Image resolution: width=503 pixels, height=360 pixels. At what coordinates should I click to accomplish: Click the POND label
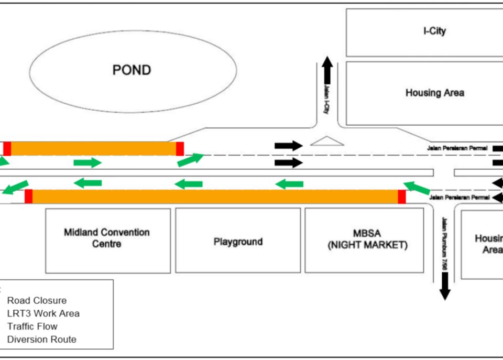132,70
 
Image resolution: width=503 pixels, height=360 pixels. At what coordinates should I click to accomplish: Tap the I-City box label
434,31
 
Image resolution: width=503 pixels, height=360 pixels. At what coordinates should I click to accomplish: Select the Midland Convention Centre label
107,238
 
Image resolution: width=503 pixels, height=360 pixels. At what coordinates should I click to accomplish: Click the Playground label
238,242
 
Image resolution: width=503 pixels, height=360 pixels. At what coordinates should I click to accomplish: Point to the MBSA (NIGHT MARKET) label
365,238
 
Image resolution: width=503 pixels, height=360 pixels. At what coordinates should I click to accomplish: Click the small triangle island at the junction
327,141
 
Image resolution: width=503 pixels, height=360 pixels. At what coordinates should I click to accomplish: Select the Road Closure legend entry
37,301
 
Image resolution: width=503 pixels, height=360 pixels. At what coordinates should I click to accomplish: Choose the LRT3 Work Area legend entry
43,313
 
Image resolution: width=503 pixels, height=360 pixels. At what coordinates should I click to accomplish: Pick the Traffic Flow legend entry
32,326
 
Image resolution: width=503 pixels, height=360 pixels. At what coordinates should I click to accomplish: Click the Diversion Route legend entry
41,339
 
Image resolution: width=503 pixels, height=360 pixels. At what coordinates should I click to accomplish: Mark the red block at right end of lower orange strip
402,197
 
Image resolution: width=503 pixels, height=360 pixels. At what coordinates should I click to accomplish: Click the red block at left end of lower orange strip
28,197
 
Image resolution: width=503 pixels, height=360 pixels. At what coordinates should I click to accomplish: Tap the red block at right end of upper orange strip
180,149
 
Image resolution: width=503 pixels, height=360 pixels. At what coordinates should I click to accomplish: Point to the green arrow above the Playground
188,183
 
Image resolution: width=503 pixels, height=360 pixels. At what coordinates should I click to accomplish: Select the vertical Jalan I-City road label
326,100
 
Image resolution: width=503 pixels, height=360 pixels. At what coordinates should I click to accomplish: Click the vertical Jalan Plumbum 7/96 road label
444,244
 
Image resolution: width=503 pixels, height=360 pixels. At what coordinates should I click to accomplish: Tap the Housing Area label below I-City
434,93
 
